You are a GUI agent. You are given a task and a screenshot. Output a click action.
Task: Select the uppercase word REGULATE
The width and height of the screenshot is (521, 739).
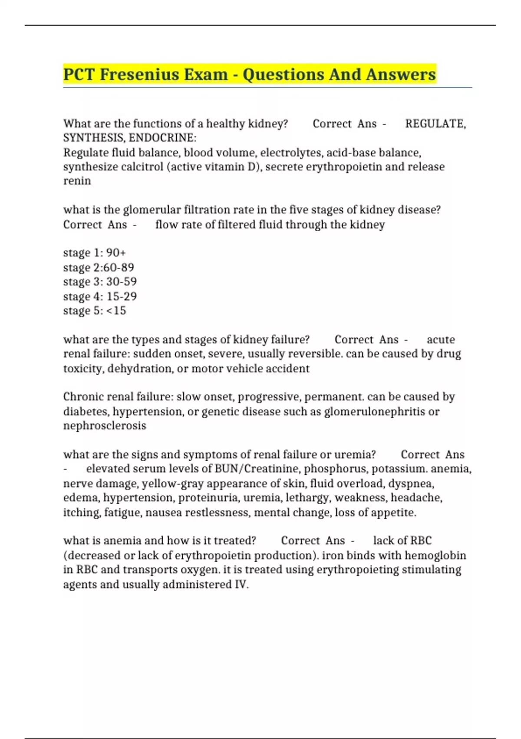pos(435,124)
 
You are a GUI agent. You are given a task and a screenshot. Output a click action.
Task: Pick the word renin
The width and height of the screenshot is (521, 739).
pos(77,181)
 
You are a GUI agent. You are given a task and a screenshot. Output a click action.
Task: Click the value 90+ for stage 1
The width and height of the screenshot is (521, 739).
pos(116,253)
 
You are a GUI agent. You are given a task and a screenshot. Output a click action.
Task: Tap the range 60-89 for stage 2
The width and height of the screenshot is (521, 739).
pos(119,267)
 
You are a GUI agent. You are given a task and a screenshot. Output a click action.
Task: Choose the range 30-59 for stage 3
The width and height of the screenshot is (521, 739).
pos(121,282)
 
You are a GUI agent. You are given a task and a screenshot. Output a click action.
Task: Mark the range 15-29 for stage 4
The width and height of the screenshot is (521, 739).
pos(121,296)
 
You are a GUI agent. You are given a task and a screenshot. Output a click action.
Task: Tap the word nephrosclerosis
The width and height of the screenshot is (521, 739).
pos(105,426)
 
